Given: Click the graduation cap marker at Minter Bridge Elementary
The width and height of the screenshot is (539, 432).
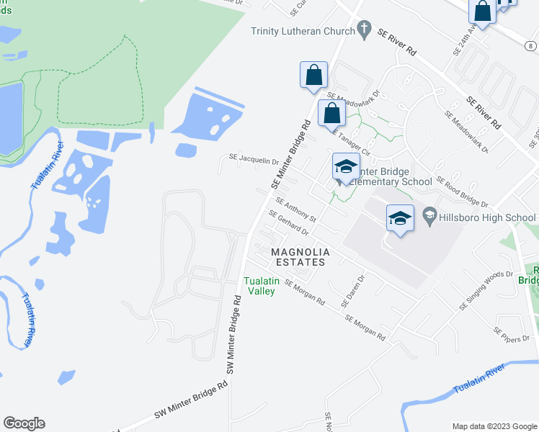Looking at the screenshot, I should point(346,167).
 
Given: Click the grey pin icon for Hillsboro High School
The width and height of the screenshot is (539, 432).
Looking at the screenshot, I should point(429,215).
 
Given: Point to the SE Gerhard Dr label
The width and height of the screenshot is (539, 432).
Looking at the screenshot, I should point(288,224).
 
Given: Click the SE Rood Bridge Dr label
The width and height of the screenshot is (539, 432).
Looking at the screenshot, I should point(462,193).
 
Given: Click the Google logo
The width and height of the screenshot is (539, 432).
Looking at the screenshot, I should point(24,423).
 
